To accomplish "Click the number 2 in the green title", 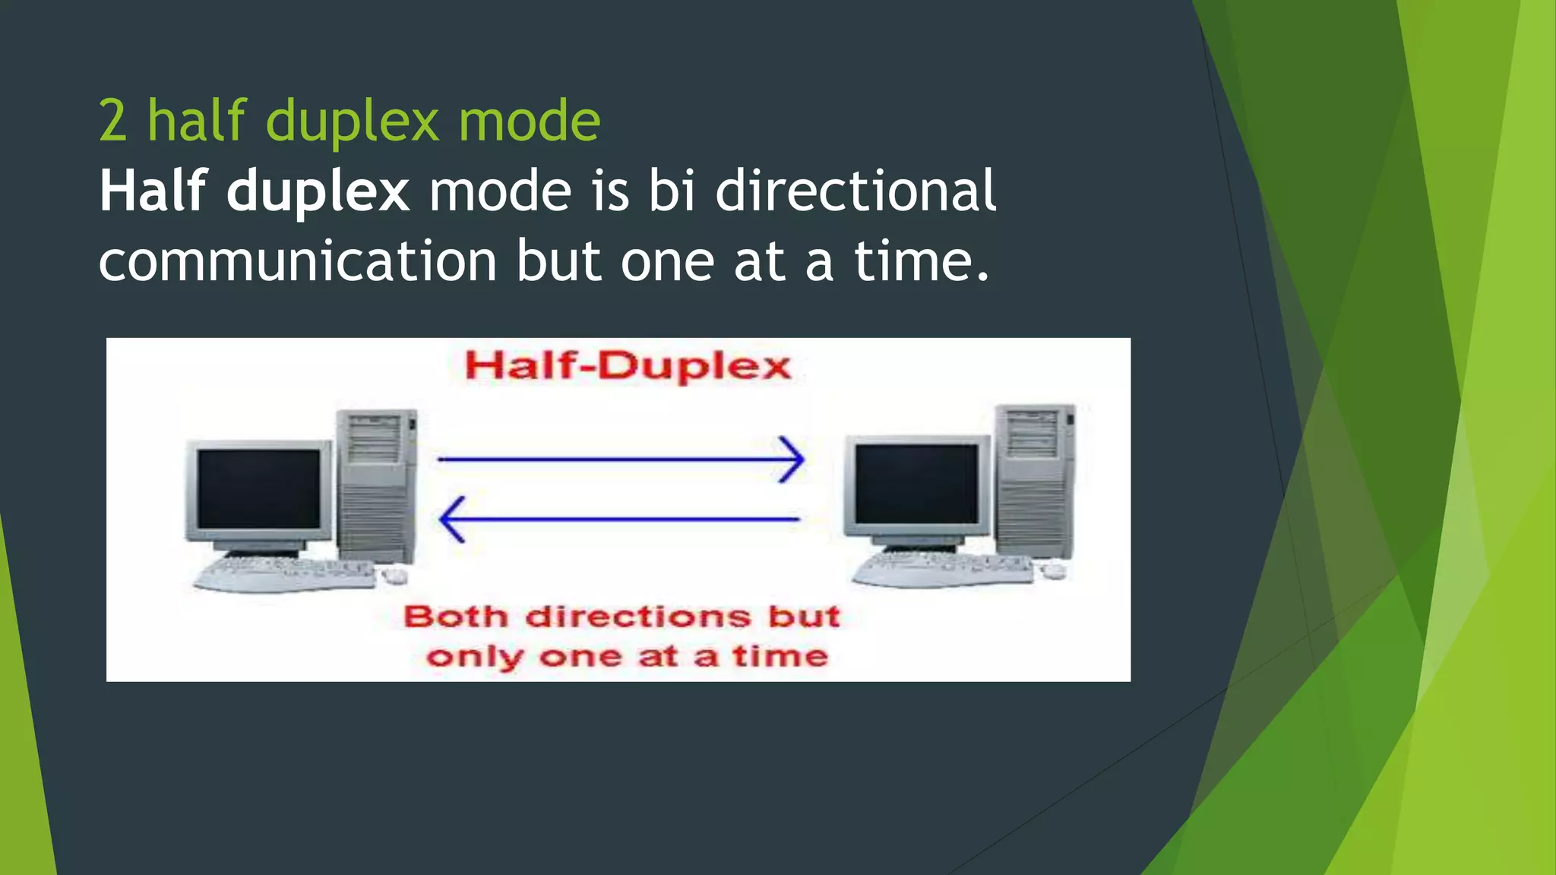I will pos(112,122).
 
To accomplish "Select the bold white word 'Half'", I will pos(153,191).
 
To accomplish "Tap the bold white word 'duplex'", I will pos(318,192).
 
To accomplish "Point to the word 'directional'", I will pos(855,191).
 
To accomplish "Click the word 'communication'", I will pos(298,261).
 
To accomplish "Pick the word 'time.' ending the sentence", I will pos(922,261).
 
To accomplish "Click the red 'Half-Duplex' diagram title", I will pos(628,367).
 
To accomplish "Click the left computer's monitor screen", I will pos(258,489).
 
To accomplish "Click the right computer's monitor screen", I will pos(916,484).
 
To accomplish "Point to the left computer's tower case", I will pos(377,486).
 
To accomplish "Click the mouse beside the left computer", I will pos(394,576).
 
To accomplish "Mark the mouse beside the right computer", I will pos(1053,571).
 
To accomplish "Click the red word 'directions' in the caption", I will pos(638,617).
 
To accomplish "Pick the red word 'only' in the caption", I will pos(474,657).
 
